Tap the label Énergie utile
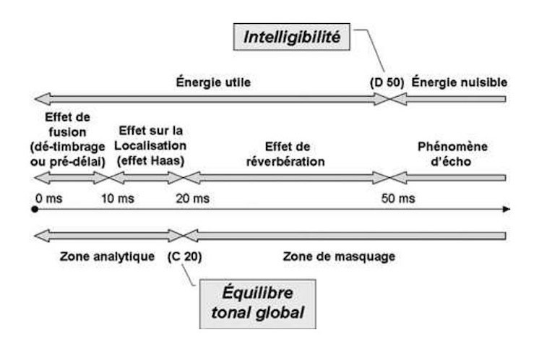[x=214, y=82]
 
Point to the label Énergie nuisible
[x=460, y=82]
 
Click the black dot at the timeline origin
[x=35, y=210]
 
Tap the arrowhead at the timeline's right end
[x=506, y=210]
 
